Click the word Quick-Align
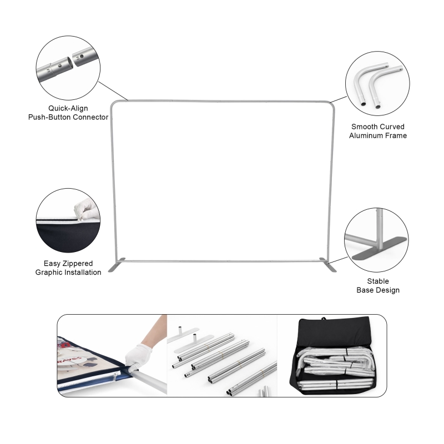click(x=68, y=108)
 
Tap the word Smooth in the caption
click(x=364, y=127)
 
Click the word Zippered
click(x=77, y=264)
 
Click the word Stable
click(x=378, y=281)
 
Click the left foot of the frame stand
click(x=117, y=265)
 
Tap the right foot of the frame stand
click(x=328, y=265)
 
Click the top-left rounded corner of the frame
click(x=113, y=104)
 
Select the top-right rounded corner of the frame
click(x=331, y=104)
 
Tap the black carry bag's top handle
click(x=324, y=319)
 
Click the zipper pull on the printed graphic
click(x=115, y=377)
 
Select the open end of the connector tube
click(x=69, y=63)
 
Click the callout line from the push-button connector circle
click(x=113, y=91)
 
